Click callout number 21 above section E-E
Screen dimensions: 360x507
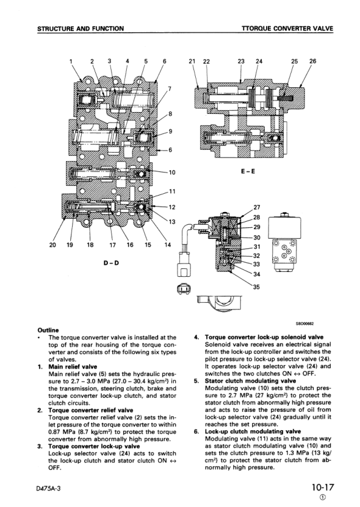[192, 61]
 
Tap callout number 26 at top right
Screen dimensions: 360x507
[313, 61]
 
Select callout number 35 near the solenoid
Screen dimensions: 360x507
[256, 287]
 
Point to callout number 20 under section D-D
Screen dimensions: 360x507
[52, 245]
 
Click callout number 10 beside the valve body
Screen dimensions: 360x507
[172, 173]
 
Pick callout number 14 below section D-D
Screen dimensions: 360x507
[167, 245]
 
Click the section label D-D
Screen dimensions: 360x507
[112, 263]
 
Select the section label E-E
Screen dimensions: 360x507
[248, 171]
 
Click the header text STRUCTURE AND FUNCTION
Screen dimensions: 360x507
[81, 28]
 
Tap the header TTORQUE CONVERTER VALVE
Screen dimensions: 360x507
[287, 28]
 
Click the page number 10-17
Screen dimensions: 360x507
[322, 487]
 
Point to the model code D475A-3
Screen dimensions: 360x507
[49, 488]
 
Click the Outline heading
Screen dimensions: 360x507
[48, 330]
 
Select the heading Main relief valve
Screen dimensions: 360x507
[73, 366]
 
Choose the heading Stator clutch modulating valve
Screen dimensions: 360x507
[250, 381]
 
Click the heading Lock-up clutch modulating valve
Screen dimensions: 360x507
[253, 431]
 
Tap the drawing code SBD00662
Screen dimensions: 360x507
[305, 323]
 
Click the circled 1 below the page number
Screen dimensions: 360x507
[322, 498]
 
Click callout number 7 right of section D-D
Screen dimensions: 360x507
[170, 89]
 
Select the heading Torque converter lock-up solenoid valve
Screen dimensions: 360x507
[264, 337]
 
